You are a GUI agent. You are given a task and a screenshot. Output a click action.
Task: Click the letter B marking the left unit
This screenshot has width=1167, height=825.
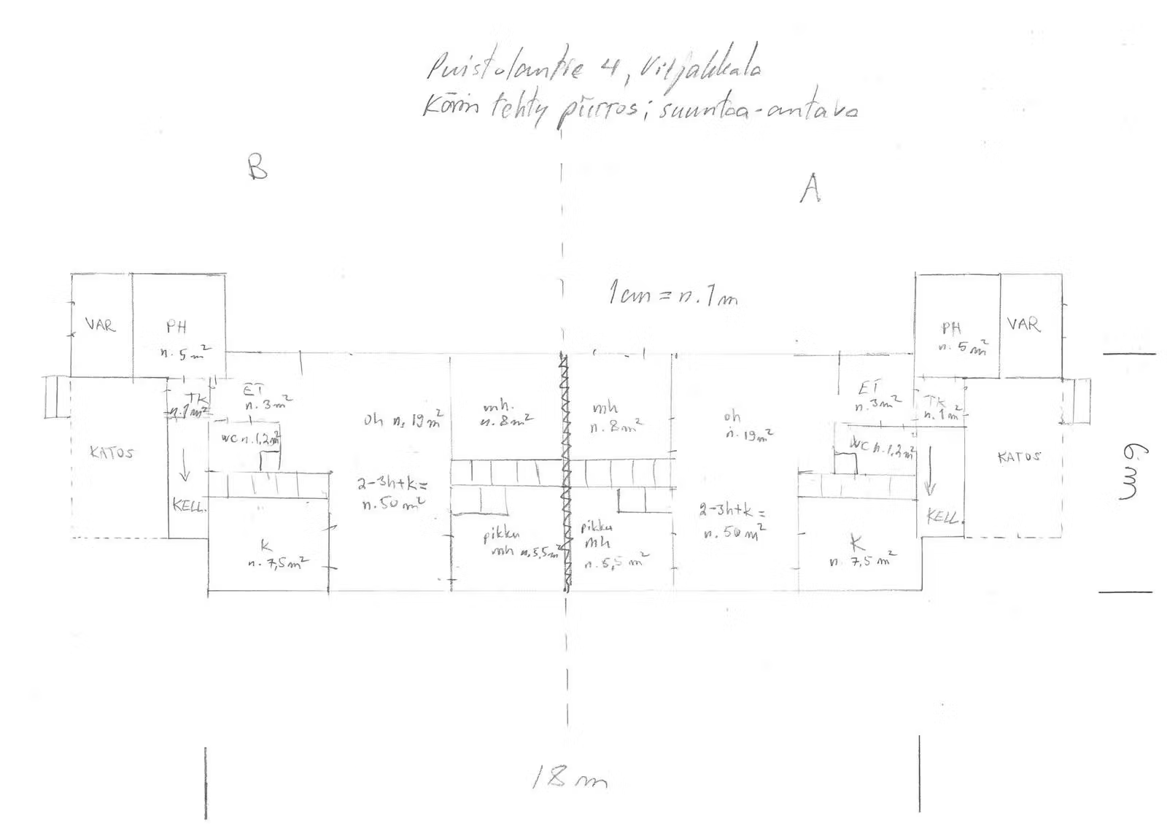click(x=257, y=167)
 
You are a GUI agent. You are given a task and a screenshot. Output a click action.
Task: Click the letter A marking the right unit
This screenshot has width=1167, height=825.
click(x=810, y=190)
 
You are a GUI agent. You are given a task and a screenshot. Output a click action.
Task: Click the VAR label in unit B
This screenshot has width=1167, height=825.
click(x=100, y=324)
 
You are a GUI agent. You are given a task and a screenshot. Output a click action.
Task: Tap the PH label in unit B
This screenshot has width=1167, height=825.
click(x=176, y=328)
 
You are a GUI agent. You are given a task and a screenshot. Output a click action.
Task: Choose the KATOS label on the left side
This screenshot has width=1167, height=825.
click(x=112, y=452)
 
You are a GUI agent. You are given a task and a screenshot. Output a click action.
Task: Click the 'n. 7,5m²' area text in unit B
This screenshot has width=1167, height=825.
click(x=278, y=562)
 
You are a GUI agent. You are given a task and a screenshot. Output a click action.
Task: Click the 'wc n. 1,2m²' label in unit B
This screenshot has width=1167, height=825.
click(x=245, y=438)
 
